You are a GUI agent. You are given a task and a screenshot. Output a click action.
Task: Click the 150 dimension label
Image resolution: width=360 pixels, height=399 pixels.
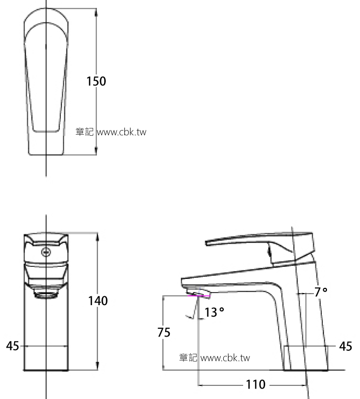click(96, 81)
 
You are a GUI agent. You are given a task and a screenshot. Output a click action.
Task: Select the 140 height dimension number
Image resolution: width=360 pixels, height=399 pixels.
click(98, 301)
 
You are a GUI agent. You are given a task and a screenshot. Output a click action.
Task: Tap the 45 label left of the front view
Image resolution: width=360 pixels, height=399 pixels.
click(12, 346)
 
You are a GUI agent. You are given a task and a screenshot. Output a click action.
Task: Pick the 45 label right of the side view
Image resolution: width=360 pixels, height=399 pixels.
click(345, 346)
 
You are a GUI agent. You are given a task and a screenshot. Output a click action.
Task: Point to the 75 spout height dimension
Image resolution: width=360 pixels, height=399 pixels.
click(164, 332)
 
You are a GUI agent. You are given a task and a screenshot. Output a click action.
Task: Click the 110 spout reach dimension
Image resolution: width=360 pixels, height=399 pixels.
click(255, 385)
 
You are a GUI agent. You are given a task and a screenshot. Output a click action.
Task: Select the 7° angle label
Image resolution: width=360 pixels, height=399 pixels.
click(321, 292)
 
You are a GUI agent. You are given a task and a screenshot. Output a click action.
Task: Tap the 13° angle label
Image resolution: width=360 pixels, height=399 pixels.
click(214, 313)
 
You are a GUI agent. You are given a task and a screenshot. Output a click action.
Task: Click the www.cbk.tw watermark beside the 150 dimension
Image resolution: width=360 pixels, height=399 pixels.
click(122, 132)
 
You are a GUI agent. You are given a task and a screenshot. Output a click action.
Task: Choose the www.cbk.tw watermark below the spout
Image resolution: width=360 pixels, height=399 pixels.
click(225, 358)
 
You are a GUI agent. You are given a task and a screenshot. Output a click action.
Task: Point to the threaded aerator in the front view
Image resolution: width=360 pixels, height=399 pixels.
click(46, 294)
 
